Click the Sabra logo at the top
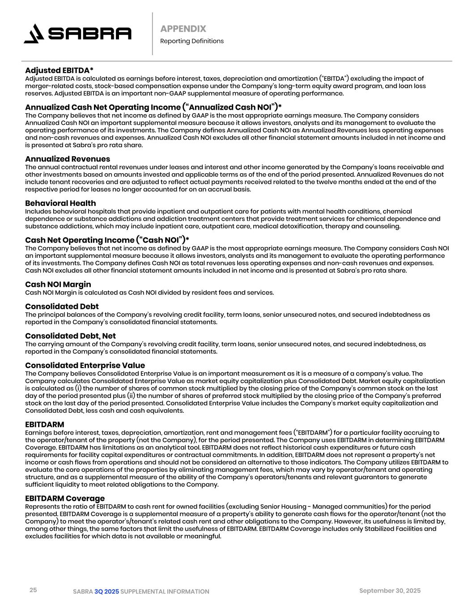tap(78, 34)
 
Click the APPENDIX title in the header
tap(183, 29)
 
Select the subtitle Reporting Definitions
tap(191, 41)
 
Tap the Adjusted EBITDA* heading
tap(59, 70)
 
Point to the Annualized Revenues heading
tap(67, 159)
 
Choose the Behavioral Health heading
tap(60, 203)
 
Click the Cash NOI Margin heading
tap(58, 284)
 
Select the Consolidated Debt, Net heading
tap(70, 336)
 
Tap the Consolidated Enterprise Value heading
tap(85, 365)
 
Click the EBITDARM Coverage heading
tap(64, 498)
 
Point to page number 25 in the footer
tap(33, 590)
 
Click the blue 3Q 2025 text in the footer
tap(106, 592)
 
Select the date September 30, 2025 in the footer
tap(390, 591)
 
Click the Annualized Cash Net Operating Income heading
tap(153, 107)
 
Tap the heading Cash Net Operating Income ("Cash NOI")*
tap(107, 240)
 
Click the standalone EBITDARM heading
tap(44, 424)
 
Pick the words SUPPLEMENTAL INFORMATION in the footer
tap(165, 592)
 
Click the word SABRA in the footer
tap(83, 592)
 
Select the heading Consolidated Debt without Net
tap(62, 307)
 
